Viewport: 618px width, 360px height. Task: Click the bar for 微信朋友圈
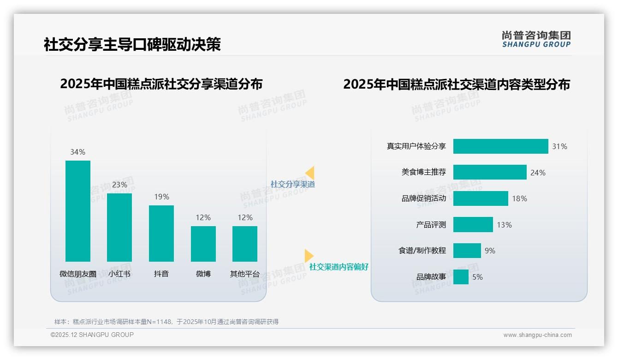click(x=78, y=211)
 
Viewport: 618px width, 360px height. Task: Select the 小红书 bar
click(x=119, y=227)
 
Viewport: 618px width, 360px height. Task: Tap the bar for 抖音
click(x=161, y=233)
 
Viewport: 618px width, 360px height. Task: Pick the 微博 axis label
click(x=203, y=274)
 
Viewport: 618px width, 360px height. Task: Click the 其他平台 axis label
click(x=245, y=274)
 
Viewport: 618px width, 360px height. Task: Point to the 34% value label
click(x=77, y=152)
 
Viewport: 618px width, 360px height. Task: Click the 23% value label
click(x=119, y=185)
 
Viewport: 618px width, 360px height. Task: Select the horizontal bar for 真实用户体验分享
click(x=500, y=146)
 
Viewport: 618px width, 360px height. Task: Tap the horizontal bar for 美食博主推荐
click(x=489, y=172)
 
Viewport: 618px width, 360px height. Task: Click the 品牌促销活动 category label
click(x=423, y=198)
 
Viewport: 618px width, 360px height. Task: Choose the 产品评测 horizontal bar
click(x=473, y=225)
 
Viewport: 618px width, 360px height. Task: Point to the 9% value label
click(x=490, y=251)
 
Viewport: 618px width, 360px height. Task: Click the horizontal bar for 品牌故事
click(x=461, y=277)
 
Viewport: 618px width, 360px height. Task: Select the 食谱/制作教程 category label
click(x=422, y=251)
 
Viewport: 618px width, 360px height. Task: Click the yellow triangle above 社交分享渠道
click(x=310, y=173)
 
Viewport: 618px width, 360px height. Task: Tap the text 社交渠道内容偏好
click(x=339, y=267)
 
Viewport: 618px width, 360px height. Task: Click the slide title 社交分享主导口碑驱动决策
click(x=132, y=44)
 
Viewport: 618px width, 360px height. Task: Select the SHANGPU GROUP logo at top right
click(x=536, y=39)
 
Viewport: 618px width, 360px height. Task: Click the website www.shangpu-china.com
click(x=537, y=335)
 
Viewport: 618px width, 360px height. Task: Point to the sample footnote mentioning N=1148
click(x=166, y=322)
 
